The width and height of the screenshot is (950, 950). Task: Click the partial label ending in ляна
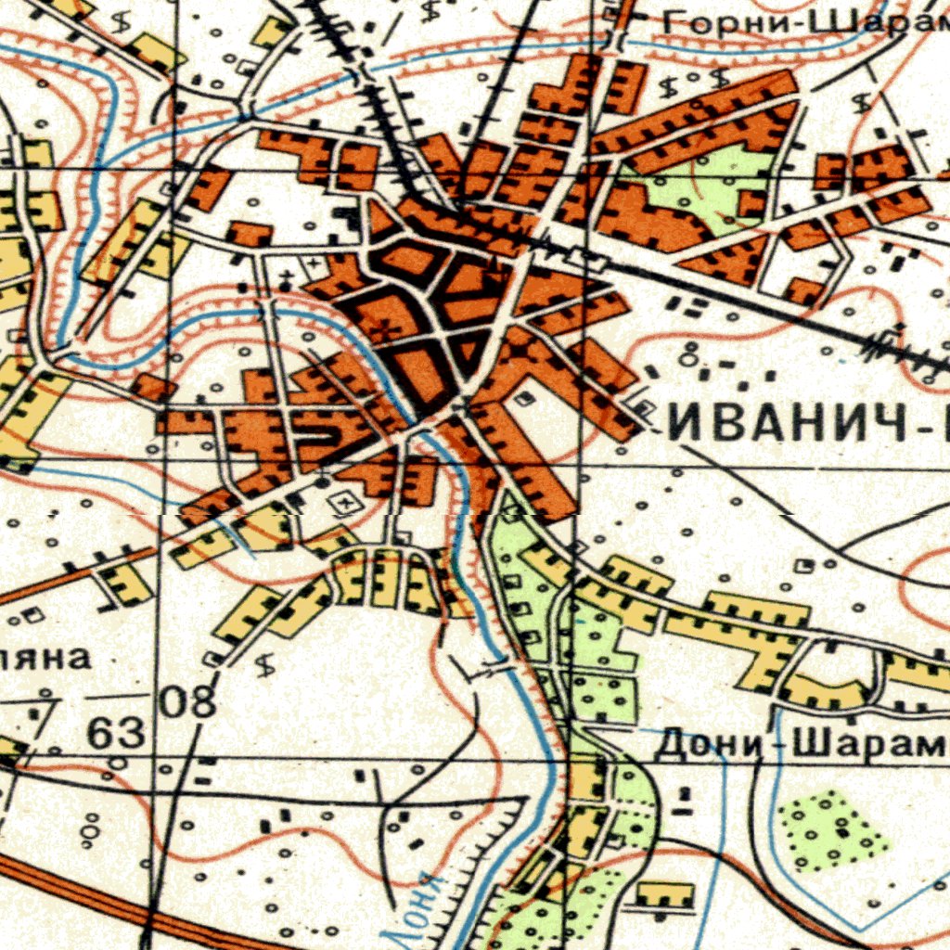coord(46,658)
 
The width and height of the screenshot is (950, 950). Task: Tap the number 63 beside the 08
coord(117,734)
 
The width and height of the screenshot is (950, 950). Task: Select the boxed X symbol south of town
coord(346,503)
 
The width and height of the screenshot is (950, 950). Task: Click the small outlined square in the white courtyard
coord(525,399)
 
